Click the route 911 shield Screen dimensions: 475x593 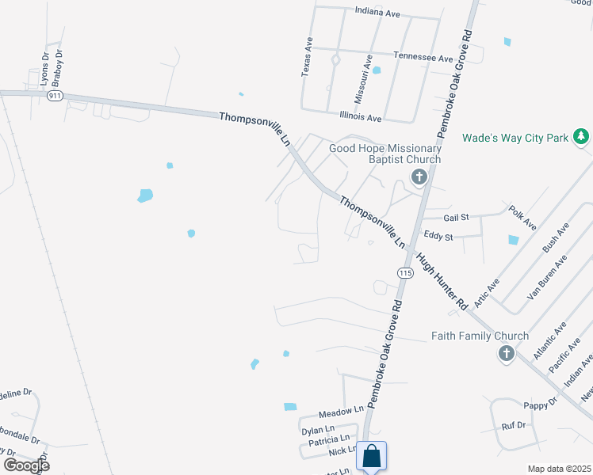coord(55,96)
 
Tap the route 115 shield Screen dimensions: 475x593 coord(406,273)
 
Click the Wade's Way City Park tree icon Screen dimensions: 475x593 coord(581,137)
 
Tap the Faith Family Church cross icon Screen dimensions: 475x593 coord(507,353)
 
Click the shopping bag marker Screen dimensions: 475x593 coord(371,457)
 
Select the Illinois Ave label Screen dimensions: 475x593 coord(360,117)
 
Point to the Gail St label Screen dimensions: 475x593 coord(457,217)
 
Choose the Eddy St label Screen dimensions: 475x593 coord(438,236)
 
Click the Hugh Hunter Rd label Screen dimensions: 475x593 coord(441,277)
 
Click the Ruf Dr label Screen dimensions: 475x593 coord(514,426)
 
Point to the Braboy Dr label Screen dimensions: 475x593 coord(58,68)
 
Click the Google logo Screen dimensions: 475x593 coord(27,465)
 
